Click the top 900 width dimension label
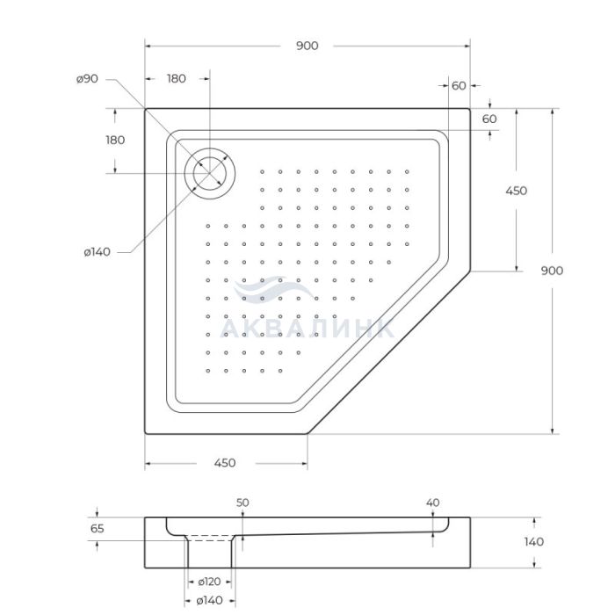(307, 46)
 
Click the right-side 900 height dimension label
(552, 271)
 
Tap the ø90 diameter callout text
(87, 79)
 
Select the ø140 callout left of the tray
(97, 252)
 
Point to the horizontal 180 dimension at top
(176, 79)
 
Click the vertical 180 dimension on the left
(115, 140)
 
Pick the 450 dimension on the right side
(517, 191)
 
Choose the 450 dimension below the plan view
(225, 463)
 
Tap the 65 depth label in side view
(97, 529)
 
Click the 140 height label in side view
(534, 542)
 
